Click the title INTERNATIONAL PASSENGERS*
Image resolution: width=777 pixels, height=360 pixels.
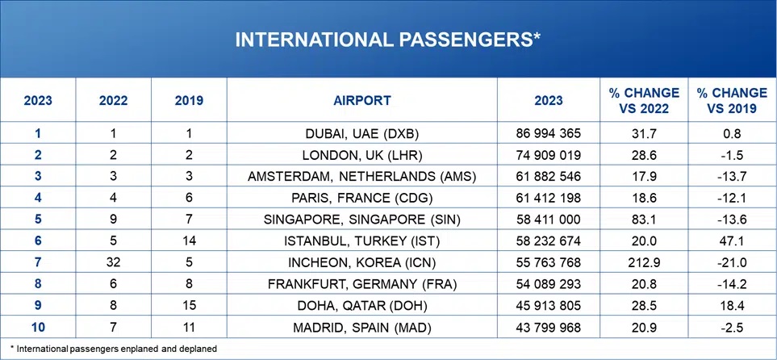coord(388,40)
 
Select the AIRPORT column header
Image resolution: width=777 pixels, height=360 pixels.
coord(361,101)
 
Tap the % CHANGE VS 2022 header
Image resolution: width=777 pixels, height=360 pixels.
coord(644,101)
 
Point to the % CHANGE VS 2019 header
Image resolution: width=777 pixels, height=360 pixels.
coord(733,101)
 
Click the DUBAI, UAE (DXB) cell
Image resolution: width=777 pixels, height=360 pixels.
coord(361,132)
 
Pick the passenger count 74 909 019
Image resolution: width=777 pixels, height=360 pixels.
coord(548,154)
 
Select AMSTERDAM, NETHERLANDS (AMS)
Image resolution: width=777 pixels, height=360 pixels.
coord(361,176)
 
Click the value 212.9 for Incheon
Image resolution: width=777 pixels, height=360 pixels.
coord(644,263)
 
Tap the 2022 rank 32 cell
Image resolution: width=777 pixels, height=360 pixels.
coord(113,263)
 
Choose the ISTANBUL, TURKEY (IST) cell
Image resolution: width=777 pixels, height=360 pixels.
coord(361,241)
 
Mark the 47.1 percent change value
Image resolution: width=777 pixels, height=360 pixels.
coord(733,241)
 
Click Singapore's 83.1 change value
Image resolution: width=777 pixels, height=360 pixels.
coord(644,220)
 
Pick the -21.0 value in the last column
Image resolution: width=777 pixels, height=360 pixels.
coord(733,263)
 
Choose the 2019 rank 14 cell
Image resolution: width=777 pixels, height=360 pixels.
coord(189,241)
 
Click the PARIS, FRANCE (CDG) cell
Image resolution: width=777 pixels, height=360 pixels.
coord(361,198)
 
